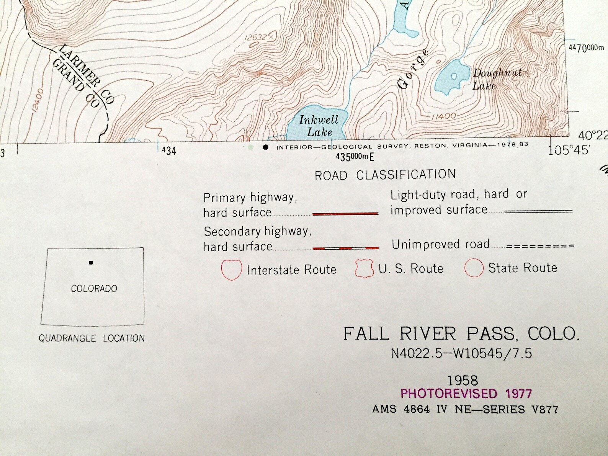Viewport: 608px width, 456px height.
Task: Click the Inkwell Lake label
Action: click(x=319, y=126)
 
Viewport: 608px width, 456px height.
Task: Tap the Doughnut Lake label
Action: click(x=497, y=79)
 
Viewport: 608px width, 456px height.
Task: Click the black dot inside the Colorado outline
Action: click(x=91, y=263)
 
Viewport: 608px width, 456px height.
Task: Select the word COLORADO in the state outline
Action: click(x=94, y=289)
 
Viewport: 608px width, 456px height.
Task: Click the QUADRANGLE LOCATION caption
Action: click(x=92, y=338)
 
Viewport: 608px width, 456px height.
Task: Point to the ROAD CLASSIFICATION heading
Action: click(x=385, y=175)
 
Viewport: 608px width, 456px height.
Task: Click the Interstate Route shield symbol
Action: click(x=231, y=270)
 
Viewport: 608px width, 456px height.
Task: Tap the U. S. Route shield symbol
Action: click(x=364, y=268)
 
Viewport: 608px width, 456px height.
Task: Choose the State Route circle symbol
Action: click(x=474, y=268)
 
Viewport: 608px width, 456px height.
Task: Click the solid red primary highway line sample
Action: click(x=345, y=214)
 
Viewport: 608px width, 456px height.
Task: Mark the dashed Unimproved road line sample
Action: click(x=540, y=246)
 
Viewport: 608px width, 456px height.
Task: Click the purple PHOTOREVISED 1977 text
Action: click(x=466, y=394)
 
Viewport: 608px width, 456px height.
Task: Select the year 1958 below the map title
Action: click(x=463, y=381)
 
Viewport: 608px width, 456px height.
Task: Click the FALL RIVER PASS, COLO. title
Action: click(x=461, y=334)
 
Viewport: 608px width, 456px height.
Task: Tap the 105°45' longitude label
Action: click(x=568, y=150)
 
